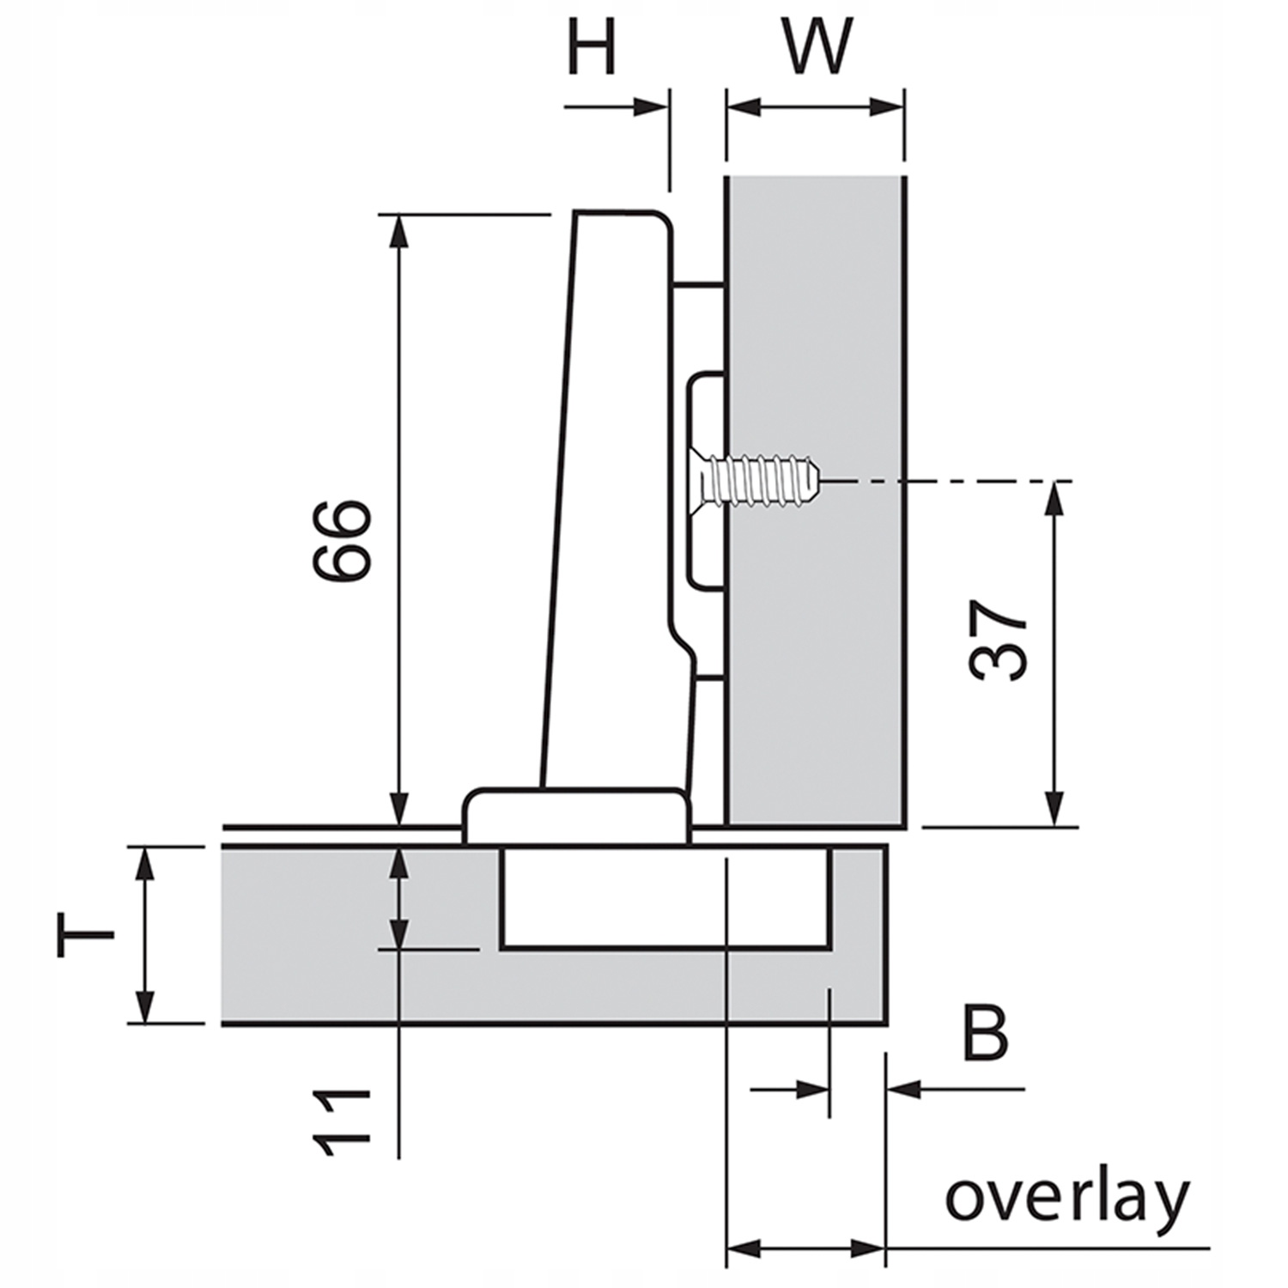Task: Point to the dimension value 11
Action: (x=342, y=1123)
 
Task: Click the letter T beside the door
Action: (x=85, y=935)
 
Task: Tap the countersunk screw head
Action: (x=706, y=480)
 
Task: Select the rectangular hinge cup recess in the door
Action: (x=665, y=898)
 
